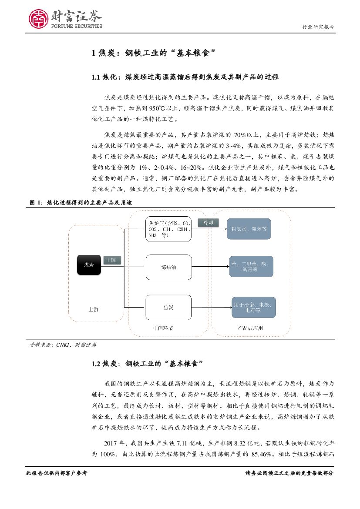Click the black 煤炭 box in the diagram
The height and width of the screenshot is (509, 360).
pos(89,265)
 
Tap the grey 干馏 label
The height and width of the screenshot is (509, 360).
pos(111,260)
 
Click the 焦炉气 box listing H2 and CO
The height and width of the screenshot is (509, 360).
pos(168,229)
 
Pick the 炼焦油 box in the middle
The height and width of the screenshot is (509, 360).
pos(168,268)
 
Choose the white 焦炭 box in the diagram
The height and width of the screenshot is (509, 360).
pos(168,308)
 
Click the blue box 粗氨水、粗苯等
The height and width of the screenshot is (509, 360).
pos(251,228)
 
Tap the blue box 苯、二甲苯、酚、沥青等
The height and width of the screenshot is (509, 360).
pos(251,267)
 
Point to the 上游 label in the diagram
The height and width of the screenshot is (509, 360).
pos(93,309)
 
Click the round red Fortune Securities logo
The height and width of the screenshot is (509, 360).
pos(39,19)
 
